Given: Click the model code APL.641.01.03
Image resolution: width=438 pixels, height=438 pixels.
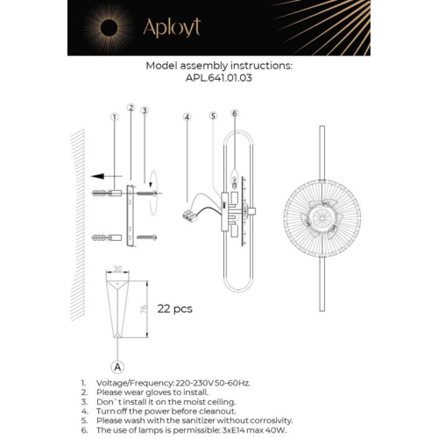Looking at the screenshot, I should coord(219,77).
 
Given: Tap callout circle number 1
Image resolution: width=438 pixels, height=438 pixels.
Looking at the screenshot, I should coord(114,117).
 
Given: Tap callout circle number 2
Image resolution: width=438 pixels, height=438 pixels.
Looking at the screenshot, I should coord(131,109).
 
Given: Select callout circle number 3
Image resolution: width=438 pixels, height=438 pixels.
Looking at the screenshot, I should coord(145,110).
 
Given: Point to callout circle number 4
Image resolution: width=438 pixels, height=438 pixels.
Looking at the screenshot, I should coord(187,117).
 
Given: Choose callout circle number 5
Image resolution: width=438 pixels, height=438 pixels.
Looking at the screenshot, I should coord(213,116).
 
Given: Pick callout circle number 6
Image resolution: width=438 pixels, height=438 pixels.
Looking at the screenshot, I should coord(235,113).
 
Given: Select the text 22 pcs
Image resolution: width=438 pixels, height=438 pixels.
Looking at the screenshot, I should coord(175,308).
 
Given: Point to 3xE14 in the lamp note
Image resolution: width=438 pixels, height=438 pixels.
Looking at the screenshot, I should coord(236,428).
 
